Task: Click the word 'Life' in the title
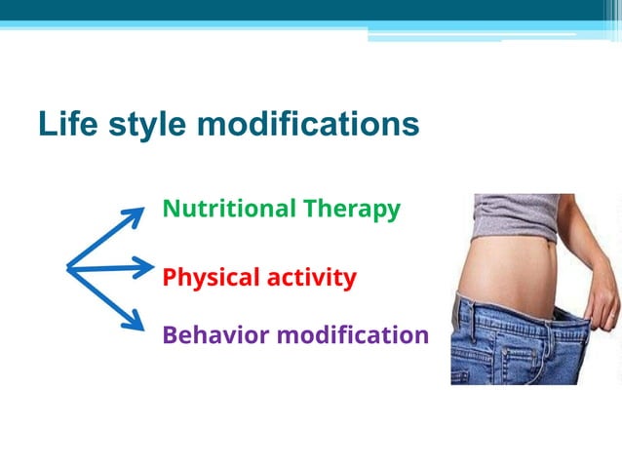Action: pos(65,124)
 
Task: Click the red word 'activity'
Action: pos(307,278)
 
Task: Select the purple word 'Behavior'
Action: pos(214,335)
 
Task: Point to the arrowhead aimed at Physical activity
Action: pos(144,266)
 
